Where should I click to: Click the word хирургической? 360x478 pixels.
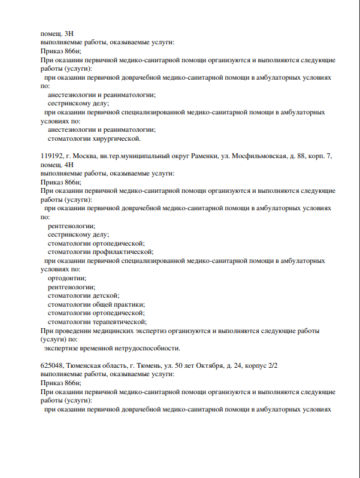tap(116, 139)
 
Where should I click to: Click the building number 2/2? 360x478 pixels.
tap(272, 365)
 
